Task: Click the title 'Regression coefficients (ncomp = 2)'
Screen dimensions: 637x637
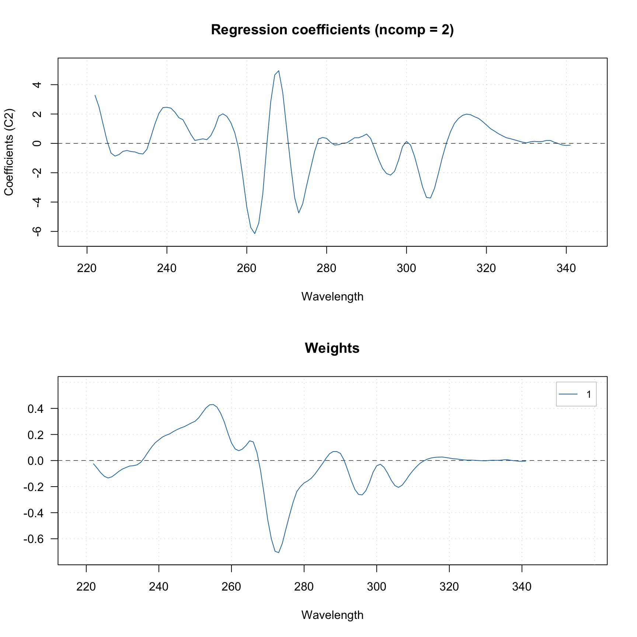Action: tap(332, 30)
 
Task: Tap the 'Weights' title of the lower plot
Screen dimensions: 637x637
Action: tap(332, 348)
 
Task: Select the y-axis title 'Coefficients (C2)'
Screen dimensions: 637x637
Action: tap(9, 152)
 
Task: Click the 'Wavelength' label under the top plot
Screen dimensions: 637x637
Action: tap(332, 296)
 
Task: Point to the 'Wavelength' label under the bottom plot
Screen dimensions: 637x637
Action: tap(332, 615)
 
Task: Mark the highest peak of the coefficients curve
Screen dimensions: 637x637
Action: tap(279, 70)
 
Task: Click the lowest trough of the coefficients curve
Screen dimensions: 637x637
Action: tap(254, 233)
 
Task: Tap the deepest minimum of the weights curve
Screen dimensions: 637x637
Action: tap(279, 553)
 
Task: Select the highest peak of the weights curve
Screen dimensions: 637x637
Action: tap(213, 404)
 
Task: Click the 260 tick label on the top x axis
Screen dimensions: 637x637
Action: tap(247, 268)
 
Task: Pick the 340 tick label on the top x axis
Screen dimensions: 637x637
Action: tap(566, 268)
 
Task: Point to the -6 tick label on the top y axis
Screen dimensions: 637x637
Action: tap(36, 231)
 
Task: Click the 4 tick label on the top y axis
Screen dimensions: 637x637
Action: tap(36, 85)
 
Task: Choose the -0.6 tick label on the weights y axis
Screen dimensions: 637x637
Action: tap(33, 539)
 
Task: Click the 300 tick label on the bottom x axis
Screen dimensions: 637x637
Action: tap(376, 586)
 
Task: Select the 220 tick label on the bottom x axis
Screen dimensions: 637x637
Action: tap(86, 586)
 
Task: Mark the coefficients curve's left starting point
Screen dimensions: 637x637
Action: tap(95, 95)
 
